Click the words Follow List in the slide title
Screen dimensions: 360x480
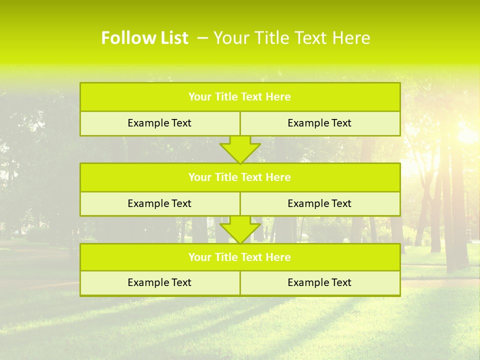coord(144,38)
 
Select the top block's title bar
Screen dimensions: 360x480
coord(240,97)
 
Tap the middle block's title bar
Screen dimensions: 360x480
coord(240,177)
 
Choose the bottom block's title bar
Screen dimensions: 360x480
coord(240,257)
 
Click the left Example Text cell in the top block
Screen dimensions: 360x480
coord(159,123)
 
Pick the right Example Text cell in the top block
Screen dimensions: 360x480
coord(320,123)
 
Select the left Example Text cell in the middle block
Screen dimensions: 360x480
coord(159,204)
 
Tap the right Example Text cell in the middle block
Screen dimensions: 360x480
coord(320,204)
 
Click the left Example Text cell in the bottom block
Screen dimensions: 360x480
coord(159,283)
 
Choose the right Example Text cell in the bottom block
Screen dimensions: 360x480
coord(320,283)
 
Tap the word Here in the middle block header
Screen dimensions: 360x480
coord(278,177)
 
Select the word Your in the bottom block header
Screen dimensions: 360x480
coord(199,257)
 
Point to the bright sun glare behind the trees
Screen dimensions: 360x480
coord(467,132)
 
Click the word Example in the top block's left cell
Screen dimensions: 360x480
coord(148,123)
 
